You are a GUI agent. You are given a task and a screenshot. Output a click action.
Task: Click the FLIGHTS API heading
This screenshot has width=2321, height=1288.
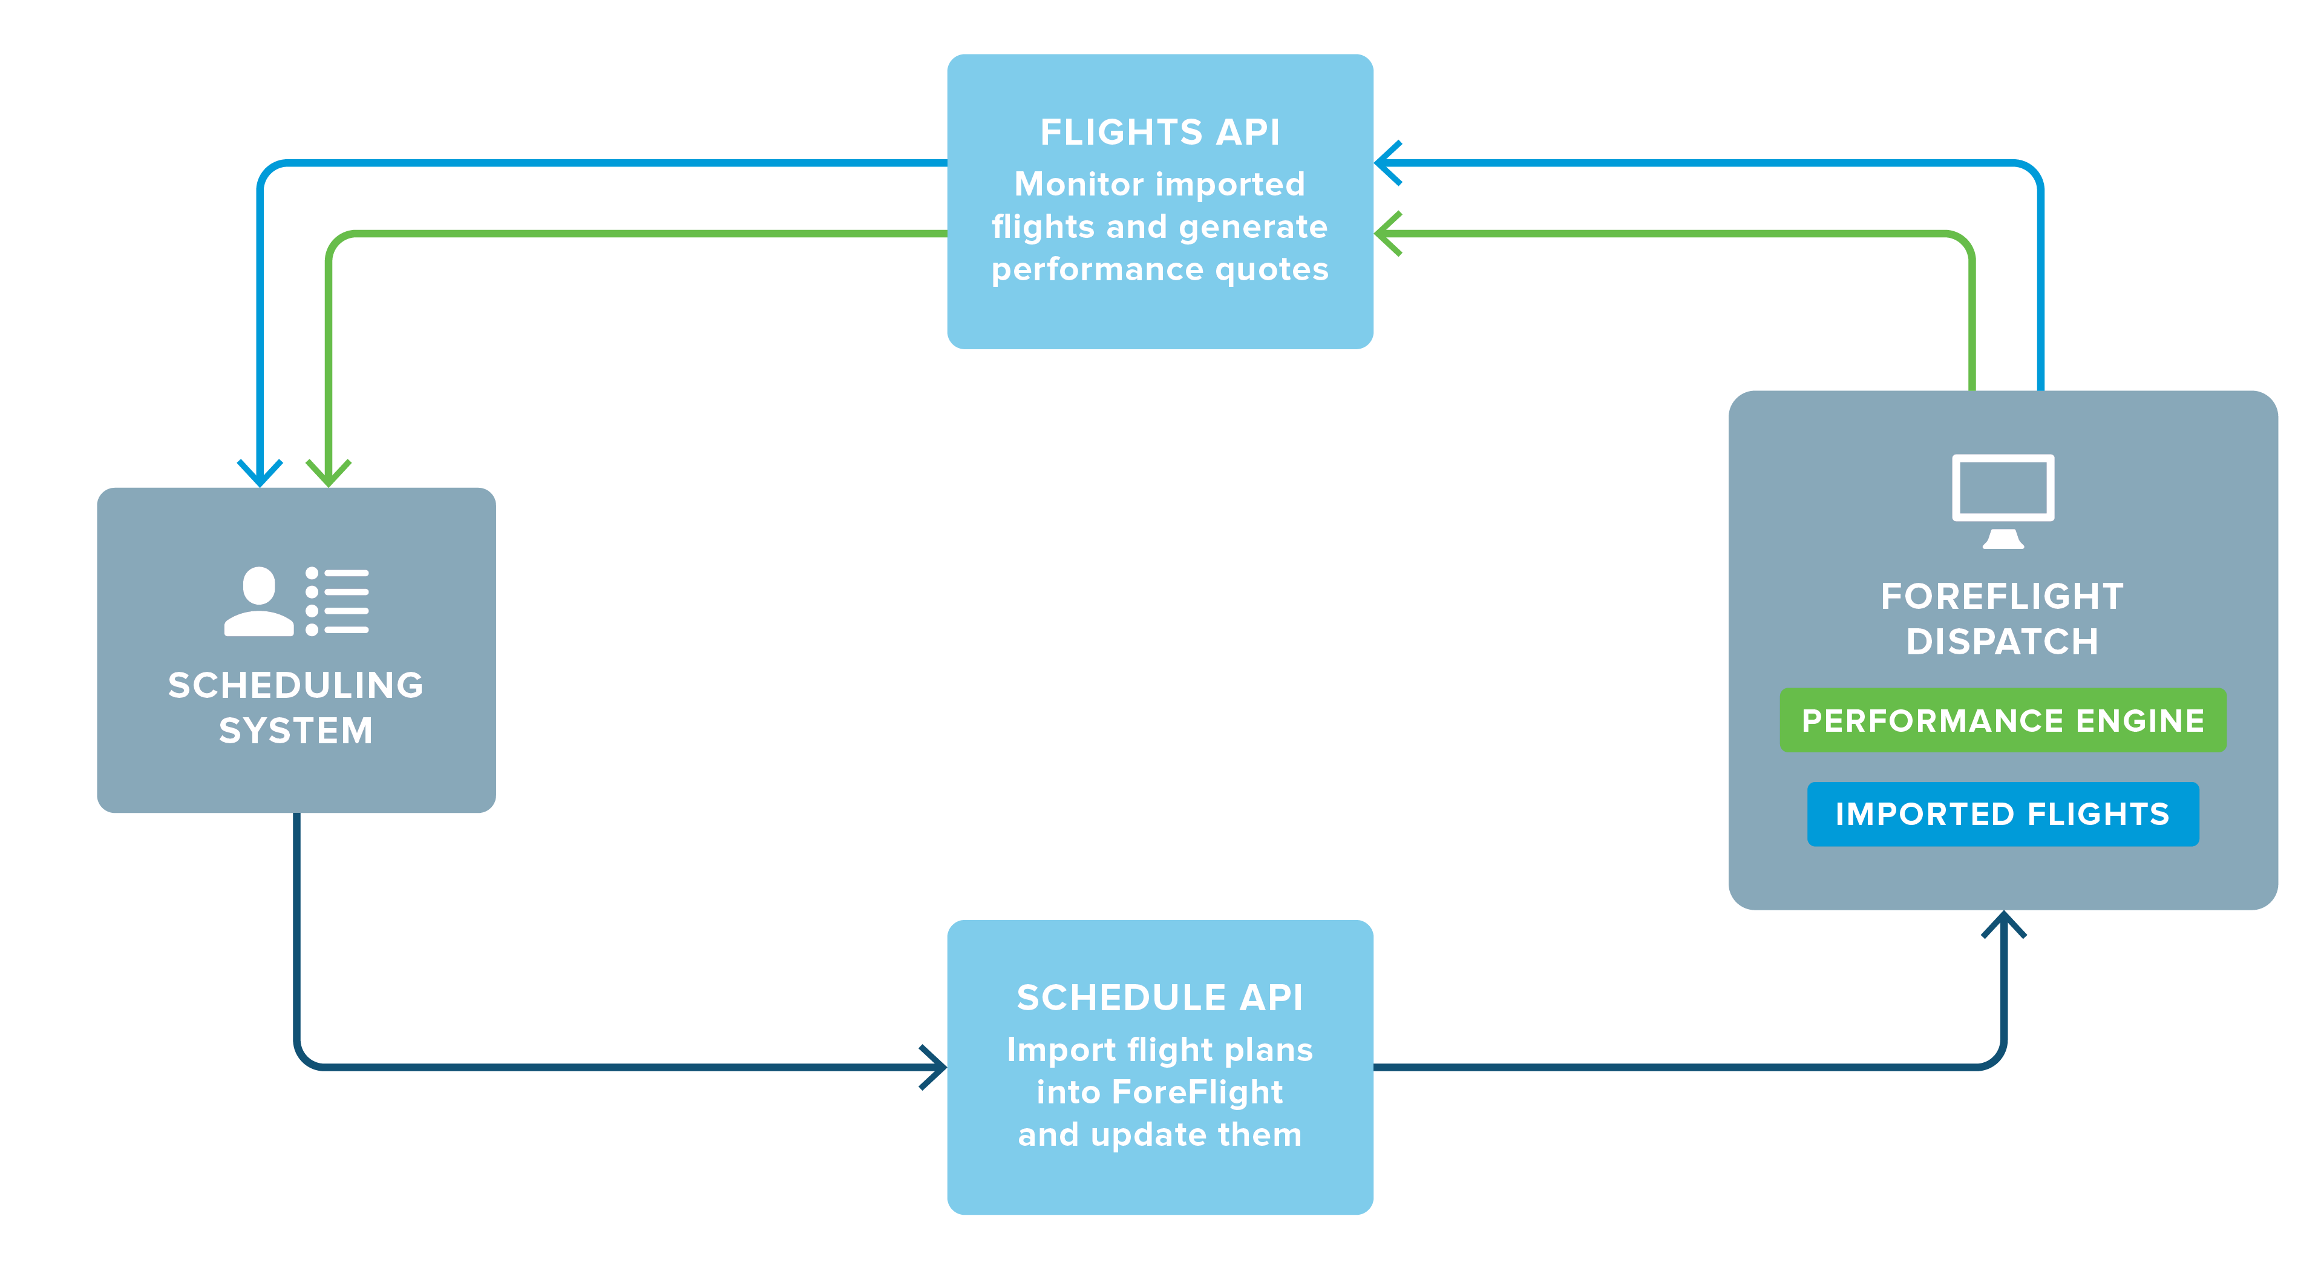[x=1160, y=133]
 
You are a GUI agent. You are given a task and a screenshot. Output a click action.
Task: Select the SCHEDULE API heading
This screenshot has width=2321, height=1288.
[x=1160, y=997]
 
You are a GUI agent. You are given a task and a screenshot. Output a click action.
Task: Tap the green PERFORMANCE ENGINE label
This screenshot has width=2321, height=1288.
[x=2002, y=720]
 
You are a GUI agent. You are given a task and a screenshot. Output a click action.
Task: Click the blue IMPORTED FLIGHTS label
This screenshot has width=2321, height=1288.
[x=2002, y=814]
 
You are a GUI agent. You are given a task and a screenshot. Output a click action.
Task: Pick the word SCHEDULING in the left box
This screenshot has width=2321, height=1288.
[x=295, y=685]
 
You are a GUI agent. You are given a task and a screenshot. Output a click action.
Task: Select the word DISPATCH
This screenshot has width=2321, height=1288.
[x=2002, y=642]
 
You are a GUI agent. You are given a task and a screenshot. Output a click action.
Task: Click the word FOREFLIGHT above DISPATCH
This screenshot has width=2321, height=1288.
[x=2002, y=596]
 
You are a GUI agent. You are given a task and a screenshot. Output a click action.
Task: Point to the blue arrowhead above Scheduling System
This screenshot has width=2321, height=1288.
[x=260, y=472]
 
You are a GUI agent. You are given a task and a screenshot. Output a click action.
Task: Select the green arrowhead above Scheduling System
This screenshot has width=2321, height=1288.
[x=328, y=472]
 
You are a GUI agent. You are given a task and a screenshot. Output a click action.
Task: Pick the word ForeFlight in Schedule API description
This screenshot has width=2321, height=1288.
[x=1197, y=1092]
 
